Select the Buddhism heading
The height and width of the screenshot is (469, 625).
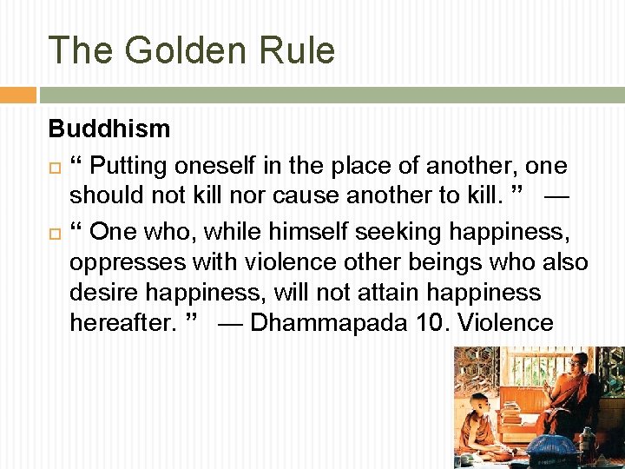[x=109, y=129]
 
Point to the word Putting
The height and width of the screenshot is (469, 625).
[x=131, y=166]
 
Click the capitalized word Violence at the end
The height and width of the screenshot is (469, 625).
[x=505, y=323]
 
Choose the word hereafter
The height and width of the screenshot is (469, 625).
[x=123, y=323]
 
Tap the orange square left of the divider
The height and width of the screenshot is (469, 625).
[x=17, y=95]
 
